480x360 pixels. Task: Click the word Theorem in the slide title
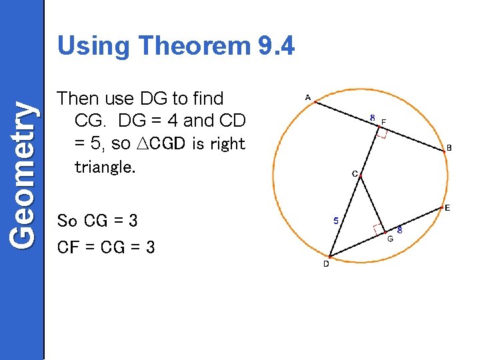193,46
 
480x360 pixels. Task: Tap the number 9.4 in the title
275,46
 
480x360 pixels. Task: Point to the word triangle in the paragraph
104,167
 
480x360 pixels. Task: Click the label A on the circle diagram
307,98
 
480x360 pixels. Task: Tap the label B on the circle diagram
449,148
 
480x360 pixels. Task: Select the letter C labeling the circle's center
355,174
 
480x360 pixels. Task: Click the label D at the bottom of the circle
326,264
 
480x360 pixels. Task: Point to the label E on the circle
447,208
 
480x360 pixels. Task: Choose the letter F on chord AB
383,121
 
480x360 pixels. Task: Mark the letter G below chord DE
390,238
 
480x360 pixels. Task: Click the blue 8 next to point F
373,118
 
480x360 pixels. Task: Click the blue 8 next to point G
399,230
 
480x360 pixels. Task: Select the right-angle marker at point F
381,133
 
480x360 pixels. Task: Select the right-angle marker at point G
379,229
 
